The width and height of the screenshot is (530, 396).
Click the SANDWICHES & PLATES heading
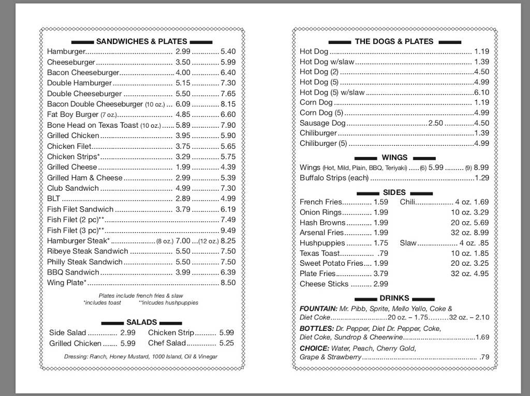pyautogui.click(x=142, y=41)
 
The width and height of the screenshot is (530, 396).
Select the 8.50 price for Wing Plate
pyautogui.click(x=228, y=283)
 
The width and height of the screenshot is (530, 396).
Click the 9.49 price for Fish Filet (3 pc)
pyautogui.click(x=228, y=230)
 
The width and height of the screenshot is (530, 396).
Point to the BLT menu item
pyautogui.click(x=54, y=199)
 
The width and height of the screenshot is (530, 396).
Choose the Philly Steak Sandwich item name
pyautogui.click(x=85, y=262)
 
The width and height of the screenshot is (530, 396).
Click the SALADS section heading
pyautogui.click(x=141, y=322)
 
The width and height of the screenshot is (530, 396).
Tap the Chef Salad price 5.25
pyautogui.click(x=226, y=343)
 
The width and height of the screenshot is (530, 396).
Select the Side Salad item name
pyautogui.click(x=68, y=333)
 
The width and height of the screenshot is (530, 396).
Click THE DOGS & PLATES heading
pyautogui.click(x=394, y=41)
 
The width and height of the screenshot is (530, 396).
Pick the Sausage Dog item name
pyautogui.click(x=322, y=123)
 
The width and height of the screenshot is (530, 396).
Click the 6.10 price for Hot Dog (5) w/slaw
pyautogui.click(x=481, y=93)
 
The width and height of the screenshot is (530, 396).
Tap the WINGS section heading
pyautogui.click(x=394, y=157)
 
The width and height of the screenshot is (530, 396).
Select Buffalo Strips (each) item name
pyautogui.click(x=334, y=178)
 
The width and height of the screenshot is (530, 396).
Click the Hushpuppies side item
pyautogui.click(x=322, y=243)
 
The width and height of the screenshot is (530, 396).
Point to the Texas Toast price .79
pyautogui.click(x=382, y=253)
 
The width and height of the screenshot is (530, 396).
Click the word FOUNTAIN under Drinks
pyautogui.click(x=318, y=309)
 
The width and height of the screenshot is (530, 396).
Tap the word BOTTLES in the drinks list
pyautogui.click(x=316, y=328)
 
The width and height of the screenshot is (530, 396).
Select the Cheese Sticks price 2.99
pyautogui.click(x=380, y=284)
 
